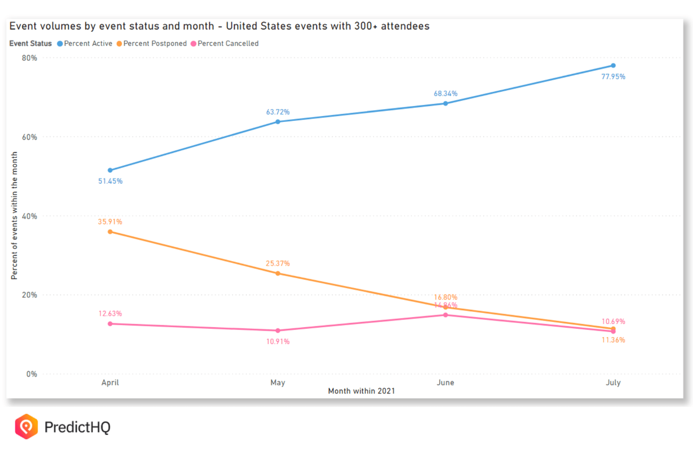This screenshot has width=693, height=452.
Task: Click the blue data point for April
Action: [110, 170]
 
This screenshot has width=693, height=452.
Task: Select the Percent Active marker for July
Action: [613, 65]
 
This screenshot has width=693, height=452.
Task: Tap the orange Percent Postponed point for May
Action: [278, 273]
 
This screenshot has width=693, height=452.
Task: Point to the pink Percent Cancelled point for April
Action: [110, 324]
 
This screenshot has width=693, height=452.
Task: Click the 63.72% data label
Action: [278, 112]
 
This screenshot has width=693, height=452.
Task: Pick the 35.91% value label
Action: [110, 222]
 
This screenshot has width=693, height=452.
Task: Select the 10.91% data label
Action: [278, 342]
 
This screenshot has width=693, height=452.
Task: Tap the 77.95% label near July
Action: [613, 77]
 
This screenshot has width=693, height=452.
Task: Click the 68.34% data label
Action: [445, 94]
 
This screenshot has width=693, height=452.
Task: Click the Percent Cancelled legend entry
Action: [227, 44]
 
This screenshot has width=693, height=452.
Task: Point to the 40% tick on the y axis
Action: [29, 216]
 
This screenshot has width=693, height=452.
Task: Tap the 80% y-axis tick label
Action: [29, 58]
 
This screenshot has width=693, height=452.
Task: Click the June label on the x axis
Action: [445, 382]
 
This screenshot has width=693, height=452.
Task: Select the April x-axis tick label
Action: [110, 382]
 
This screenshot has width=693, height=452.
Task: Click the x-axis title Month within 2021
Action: [361, 391]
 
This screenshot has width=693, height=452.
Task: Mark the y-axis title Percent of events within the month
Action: [14, 216]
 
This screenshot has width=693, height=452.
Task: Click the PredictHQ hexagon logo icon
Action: [26, 427]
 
